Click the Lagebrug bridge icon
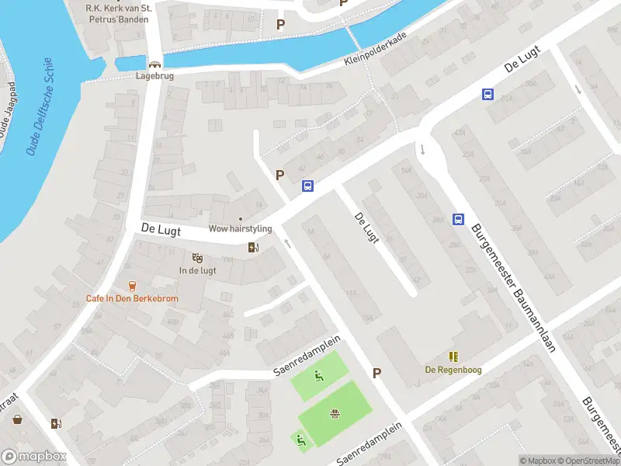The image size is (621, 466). point(154,64)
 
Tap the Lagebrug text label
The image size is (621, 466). point(154,77)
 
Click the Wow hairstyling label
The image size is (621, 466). point(240,229)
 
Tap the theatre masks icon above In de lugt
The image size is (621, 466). point(197,257)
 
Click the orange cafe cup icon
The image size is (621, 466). point(132,286)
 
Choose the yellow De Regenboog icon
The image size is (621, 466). point(453,356)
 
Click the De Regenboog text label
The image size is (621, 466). point(453,370)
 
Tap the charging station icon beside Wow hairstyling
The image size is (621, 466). point(253,248)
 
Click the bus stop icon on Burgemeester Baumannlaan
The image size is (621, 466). point(458,220)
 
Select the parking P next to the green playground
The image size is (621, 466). point(376,373)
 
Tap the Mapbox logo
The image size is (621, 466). point(34,457)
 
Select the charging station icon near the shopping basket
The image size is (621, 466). point(55,423)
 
